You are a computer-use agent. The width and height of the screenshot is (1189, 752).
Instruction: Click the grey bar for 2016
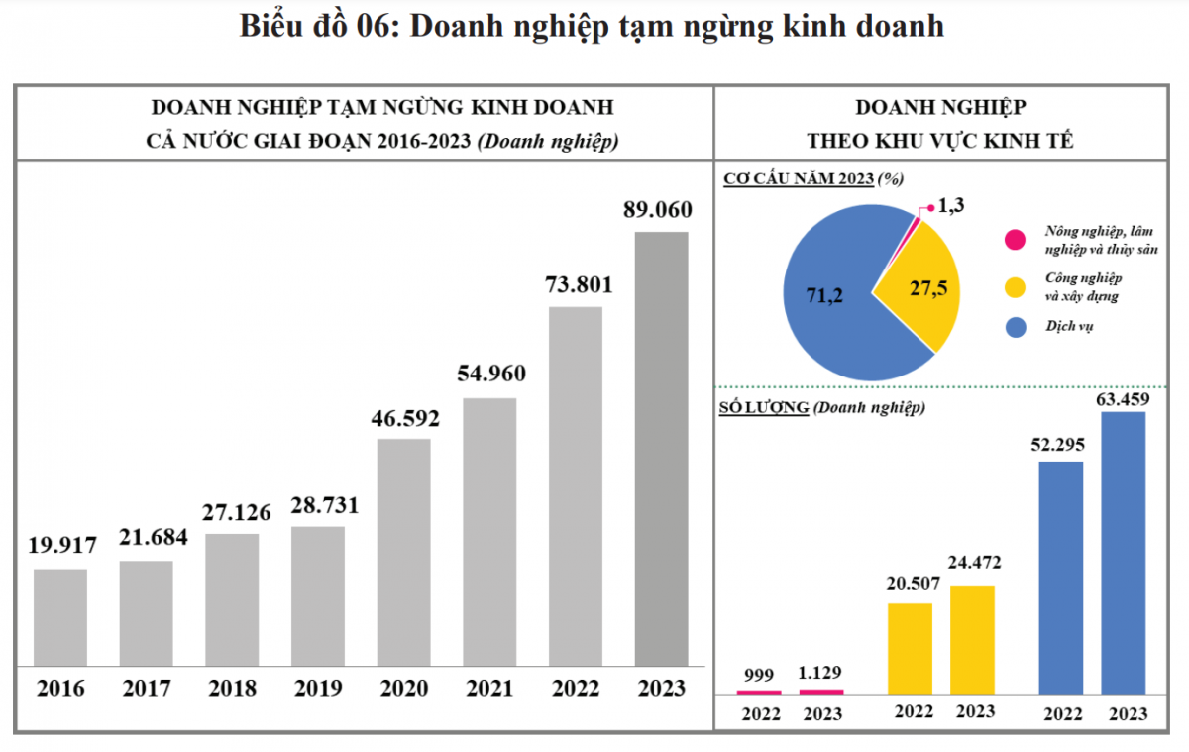click(59, 616)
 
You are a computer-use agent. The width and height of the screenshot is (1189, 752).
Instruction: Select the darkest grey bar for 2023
click(661, 448)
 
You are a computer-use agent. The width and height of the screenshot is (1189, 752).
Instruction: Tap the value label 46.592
click(403, 416)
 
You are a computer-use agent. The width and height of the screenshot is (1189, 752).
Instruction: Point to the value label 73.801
click(576, 285)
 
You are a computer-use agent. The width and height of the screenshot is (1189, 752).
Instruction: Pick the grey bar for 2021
click(489, 531)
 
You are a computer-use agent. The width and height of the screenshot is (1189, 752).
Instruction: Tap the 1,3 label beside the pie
click(950, 206)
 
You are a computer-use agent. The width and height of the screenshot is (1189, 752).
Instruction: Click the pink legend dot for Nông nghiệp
click(1014, 240)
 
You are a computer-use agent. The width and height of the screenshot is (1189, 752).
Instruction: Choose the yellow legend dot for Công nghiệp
click(1014, 287)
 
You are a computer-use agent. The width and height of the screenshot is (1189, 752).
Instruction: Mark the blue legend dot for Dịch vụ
click(1014, 326)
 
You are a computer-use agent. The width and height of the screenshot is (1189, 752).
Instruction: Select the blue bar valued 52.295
click(1061, 576)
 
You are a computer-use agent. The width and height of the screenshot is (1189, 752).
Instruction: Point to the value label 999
click(758, 675)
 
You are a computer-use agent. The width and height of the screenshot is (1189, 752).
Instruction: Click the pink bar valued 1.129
click(821, 691)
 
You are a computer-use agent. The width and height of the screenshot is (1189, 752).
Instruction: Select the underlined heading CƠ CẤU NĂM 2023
click(798, 178)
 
